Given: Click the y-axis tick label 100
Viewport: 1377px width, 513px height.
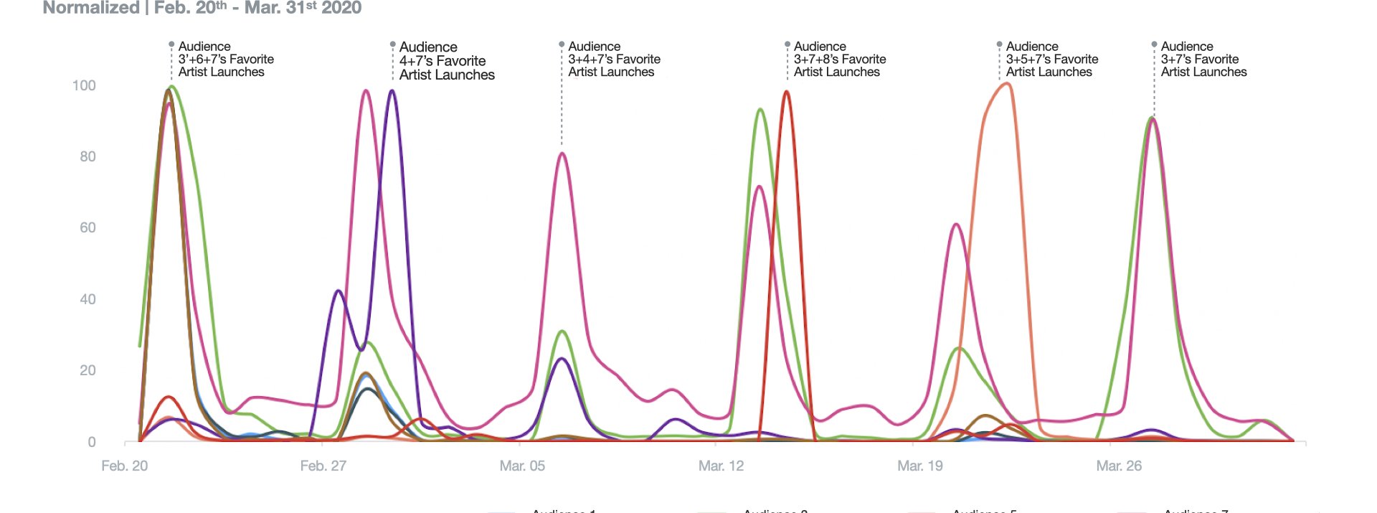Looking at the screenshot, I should coord(84,85).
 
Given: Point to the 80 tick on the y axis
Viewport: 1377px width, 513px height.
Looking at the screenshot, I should coord(87,156).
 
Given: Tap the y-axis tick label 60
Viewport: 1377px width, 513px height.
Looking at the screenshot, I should coord(87,227).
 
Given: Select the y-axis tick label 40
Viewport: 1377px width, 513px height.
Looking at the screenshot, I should coord(87,299).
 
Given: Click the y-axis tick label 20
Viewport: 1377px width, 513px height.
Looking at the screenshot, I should coord(87,370).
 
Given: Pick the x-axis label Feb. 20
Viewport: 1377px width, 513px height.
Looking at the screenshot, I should coord(124,466).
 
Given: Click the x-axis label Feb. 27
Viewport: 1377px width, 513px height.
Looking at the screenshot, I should coord(323,466).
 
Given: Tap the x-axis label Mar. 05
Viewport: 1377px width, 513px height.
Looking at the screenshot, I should coord(522,466).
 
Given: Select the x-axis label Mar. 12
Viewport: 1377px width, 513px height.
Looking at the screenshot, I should coord(721,466).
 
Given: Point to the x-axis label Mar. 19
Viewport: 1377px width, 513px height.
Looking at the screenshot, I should coord(920,466).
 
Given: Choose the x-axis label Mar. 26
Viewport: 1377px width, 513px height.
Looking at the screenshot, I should coord(1119,466).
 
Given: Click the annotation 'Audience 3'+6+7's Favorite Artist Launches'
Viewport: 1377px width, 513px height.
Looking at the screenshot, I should coord(225,59).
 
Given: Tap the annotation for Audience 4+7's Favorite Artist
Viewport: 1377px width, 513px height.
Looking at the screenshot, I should coord(446,60).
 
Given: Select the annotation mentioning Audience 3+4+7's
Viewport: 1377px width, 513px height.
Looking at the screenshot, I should coord(614,59).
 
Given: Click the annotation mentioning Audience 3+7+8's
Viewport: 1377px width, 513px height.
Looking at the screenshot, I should coord(839,59).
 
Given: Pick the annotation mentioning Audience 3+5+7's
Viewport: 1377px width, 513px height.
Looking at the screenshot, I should coord(1051,59).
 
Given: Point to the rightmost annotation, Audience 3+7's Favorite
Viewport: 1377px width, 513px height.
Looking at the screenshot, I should coord(1203,59).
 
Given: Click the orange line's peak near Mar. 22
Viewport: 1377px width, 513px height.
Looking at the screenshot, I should coord(1007,84).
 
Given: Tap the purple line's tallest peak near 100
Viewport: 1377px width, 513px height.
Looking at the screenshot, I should coord(391,90).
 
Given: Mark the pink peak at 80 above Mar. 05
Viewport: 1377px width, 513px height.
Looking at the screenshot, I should coord(562,153).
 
